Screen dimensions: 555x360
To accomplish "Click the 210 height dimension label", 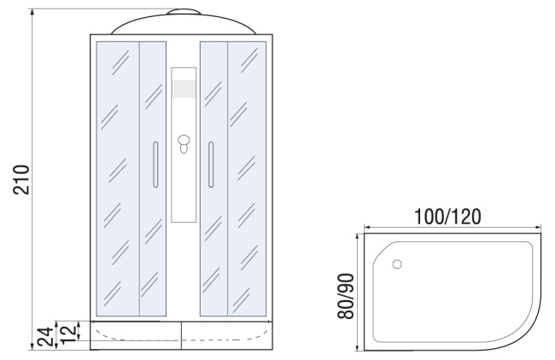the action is [20, 179].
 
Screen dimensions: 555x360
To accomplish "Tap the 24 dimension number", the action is [46, 337].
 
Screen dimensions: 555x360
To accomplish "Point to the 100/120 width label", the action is [447, 217].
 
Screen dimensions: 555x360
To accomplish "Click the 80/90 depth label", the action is [346, 296].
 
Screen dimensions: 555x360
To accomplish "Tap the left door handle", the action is [155, 165].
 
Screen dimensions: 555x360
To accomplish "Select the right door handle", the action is [211, 165].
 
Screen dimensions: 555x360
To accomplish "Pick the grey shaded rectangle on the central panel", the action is [184, 89].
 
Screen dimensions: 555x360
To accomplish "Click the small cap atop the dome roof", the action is [184, 12].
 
